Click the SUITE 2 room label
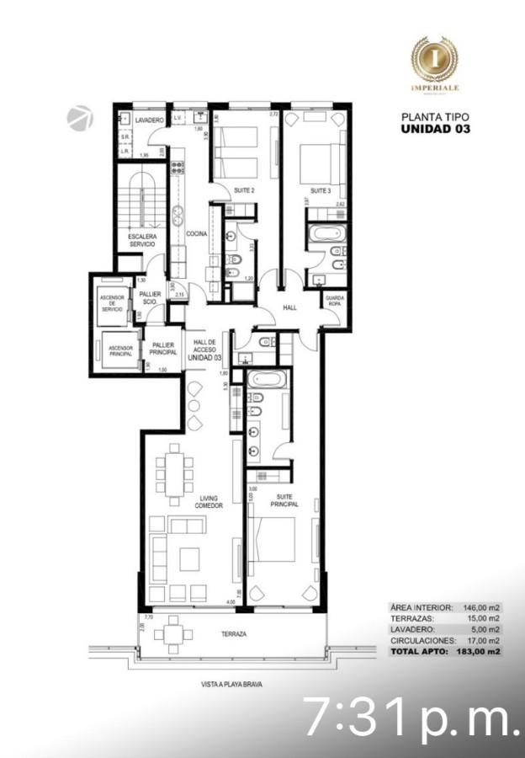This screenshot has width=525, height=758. [x=244, y=191]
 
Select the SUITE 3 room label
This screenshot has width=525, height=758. [x=321, y=191]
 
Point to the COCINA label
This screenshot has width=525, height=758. [x=197, y=233]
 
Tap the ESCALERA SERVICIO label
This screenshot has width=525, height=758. [x=141, y=240]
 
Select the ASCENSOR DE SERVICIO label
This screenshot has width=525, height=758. [x=113, y=302]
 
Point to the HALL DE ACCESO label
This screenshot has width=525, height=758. [x=205, y=348]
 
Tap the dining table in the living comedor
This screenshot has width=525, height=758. [x=175, y=467]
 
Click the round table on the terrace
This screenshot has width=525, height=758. [x=175, y=633]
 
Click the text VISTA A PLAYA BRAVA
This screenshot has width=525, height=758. [x=227, y=685]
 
